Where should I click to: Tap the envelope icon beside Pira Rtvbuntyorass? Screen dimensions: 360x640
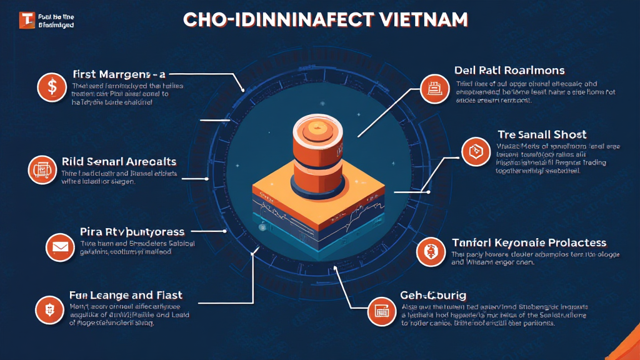60,246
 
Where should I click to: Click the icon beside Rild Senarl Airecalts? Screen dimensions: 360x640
42,167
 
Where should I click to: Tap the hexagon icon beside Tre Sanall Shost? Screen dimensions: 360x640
473,151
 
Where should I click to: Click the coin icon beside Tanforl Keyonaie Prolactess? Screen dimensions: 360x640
429,251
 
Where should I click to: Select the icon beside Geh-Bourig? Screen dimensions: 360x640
379,308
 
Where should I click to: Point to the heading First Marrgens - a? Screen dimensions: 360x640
122,73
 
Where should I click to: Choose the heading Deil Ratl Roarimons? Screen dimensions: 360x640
511,70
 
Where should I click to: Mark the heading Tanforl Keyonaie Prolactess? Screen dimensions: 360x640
529,242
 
